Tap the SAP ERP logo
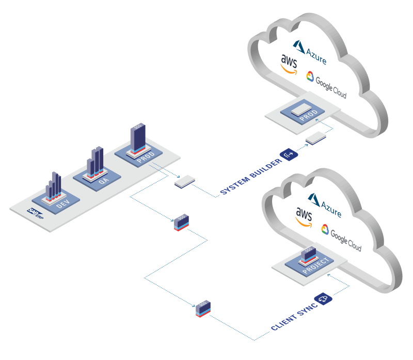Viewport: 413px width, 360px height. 36,212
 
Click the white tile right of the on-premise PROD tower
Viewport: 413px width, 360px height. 184,181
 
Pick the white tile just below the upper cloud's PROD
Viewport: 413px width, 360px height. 315,138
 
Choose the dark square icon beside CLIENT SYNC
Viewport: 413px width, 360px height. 324,298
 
